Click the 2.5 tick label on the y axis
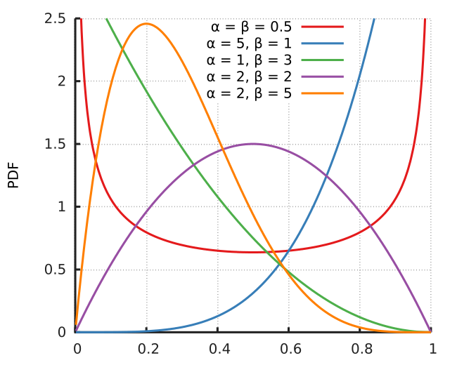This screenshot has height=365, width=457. coord(55,18)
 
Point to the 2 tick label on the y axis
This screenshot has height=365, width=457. coord(62,81)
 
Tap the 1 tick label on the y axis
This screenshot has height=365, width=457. coord(62,207)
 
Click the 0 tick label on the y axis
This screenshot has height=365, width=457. coord(62,332)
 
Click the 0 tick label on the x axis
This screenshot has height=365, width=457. coord(77,348)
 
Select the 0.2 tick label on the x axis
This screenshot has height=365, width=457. coord(147,348)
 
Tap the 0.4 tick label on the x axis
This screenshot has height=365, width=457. coord(218,348)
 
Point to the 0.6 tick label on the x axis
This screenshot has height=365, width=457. coord(289,348)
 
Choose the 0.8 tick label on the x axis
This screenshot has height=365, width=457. coord(360,348)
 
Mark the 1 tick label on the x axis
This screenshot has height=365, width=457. coord(430,348)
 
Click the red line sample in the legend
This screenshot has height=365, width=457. coord(322,27)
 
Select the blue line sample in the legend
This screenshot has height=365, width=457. coord(322,44)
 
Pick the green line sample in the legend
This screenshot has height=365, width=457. coord(322,60)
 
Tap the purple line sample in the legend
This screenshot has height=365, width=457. coord(322,77)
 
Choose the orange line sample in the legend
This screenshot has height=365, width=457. coord(322,93)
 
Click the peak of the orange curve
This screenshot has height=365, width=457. coord(146,23)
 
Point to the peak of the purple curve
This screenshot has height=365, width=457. coord(253,144)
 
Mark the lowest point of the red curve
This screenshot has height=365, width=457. coord(253,251)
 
